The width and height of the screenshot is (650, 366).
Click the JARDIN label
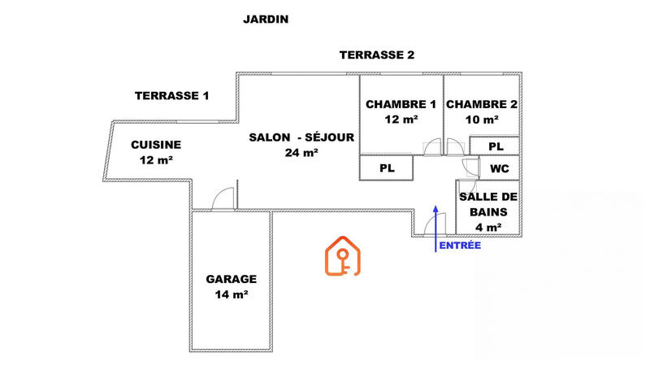[x=266, y=19]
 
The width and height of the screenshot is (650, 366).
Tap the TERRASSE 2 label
[x=377, y=55]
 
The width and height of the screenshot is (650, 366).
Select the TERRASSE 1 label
[x=171, y=96]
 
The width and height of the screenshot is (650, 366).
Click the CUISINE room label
[x=156, y=146]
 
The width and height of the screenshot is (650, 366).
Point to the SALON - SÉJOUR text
[x=301, y=137]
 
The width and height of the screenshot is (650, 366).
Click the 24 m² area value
[x=301, y=153]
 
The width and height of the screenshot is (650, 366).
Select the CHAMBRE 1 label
[x=401, y=104]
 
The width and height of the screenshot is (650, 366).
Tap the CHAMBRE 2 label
[x=481, y=104]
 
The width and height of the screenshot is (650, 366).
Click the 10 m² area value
[x=481, y=120]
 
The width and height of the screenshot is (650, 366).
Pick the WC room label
[x=498, y=169]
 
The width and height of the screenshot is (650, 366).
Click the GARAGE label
[x=231, y=278]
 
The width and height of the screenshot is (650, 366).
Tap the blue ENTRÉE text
[x=459, y=245]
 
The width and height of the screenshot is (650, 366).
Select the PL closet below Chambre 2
[x=496, y=146]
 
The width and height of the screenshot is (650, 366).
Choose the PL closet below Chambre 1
[x=388, y=168]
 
